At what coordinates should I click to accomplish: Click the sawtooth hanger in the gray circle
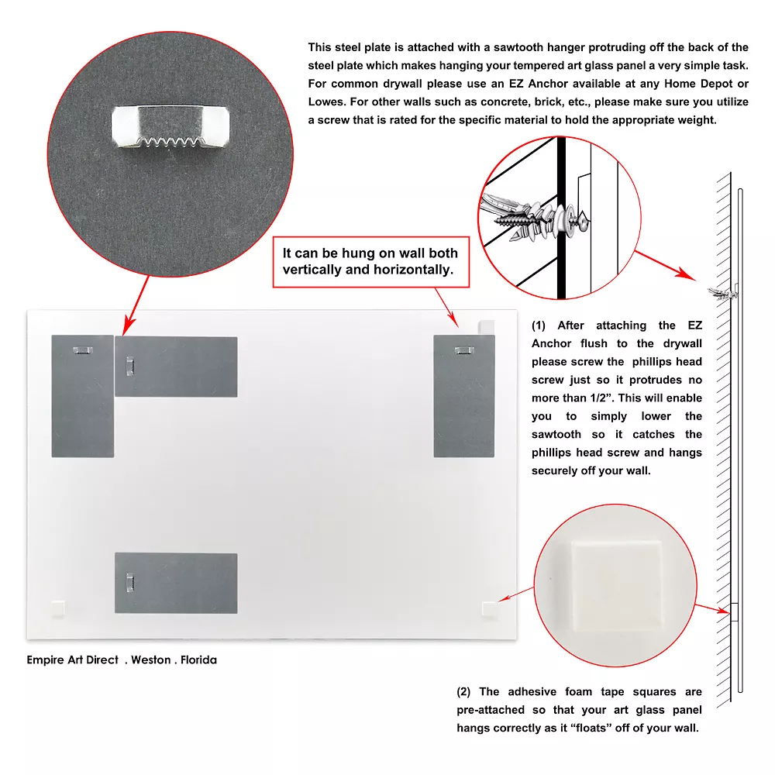[170, 126]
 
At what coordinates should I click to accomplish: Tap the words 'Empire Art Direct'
[73, 660]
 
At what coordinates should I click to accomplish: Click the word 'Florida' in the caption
[198, 660]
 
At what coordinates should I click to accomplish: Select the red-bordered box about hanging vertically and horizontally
[370, 261]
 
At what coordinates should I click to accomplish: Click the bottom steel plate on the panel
[176, 584]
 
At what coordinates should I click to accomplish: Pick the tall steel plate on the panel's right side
[464, 396]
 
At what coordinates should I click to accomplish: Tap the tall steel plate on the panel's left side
[83, 396]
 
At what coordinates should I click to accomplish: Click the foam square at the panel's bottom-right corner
[490, 609]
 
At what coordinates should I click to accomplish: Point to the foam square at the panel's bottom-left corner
[58, 608]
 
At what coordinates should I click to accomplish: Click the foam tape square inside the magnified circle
[616, 584]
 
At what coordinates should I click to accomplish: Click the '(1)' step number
[539, 325]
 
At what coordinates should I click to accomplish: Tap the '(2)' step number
[463, 691]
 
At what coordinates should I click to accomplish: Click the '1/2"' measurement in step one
[601, 398]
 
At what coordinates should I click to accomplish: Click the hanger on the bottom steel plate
[130, 582]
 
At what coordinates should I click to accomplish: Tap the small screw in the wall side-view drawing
[722, 294]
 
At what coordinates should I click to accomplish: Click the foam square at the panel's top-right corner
[487, 327]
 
